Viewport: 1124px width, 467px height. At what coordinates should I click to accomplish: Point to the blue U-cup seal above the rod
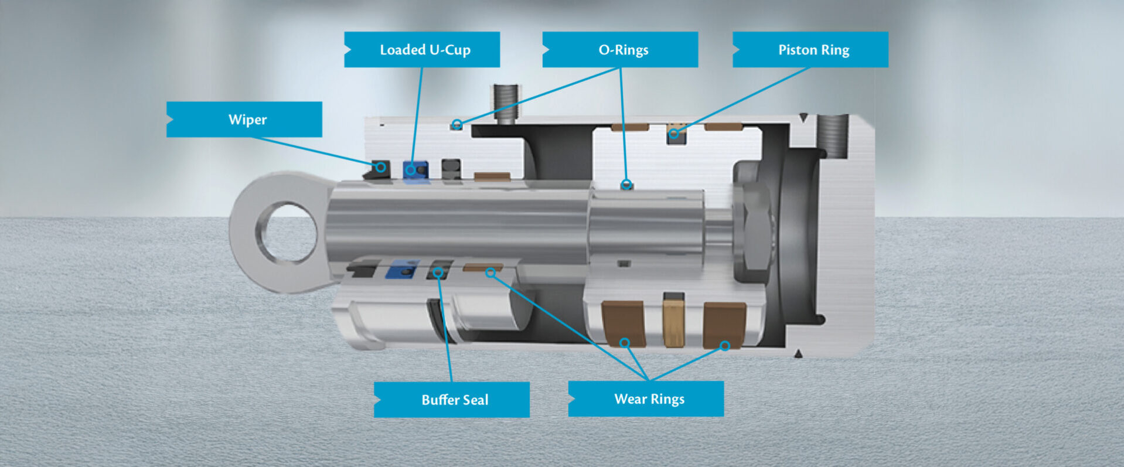click(x=415, y=170)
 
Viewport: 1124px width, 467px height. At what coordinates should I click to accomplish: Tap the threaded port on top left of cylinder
click(x=505, y=103)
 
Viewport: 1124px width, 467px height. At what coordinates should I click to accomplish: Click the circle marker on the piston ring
click(x=674, y=134)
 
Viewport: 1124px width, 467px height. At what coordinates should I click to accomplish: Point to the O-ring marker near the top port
click(x=457, y=124)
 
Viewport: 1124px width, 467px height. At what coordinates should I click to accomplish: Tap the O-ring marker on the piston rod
click(x=626, y=185)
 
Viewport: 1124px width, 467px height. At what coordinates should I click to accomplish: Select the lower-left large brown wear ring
click(x=623, y=323)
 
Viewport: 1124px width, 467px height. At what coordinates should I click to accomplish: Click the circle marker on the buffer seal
click(x=438, y=272)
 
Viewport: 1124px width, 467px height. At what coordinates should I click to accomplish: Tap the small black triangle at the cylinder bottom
click(x=798, y=353)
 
